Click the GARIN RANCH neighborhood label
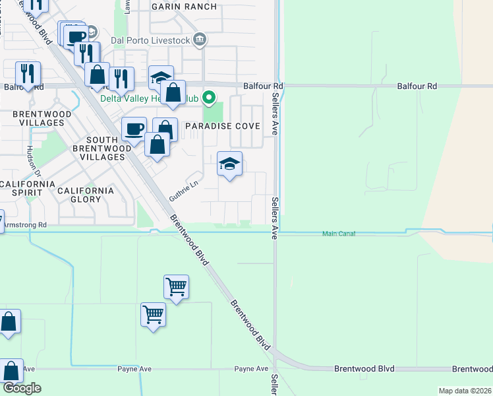[x=184, y=7]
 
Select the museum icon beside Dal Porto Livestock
[x=200, y=40]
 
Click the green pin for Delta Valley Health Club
[x=209, y=98]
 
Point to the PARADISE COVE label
[x=222, y=126]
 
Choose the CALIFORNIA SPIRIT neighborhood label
[x=26, y=188]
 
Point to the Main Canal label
[x=339, y=234]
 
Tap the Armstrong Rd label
[x=25, y=225]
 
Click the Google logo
[x=21, y=388]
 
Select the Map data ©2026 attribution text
[x=465, y=391]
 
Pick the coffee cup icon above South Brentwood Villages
[x=134, y=129]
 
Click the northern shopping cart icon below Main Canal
[x=176, y=287]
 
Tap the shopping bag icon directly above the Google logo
[x=11, y=370]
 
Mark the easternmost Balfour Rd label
[x=417, y=86]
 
